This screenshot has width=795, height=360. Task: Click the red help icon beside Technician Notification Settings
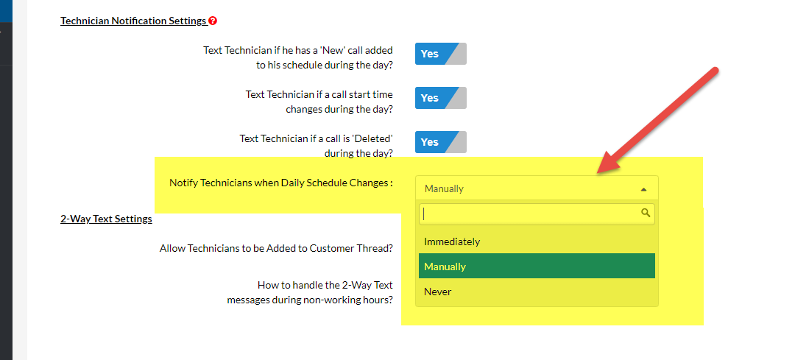pyautogui.click(x=213, y=21)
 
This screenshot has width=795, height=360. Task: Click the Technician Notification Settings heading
pyautogui.click(x=133, y=21)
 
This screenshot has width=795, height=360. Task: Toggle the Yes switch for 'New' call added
pyautogui.click(x=440, y=54)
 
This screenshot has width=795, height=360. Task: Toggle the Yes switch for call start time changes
pyautogui.click(x=440, y=98)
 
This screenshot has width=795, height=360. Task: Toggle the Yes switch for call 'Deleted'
pyautogui.click(x=440, y=142)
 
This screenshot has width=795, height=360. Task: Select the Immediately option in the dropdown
pyautogui.click(x=452, y=241)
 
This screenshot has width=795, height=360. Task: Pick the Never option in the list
pyautogui.click(x=438, y=292)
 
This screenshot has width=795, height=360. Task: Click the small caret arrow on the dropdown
pyautogui.click(x=643, y=189)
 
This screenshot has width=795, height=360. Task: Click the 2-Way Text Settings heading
pyautogui.click(x=106, y=219)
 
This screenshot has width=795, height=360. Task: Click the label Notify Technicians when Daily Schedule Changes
pyautogui.click(x=280, y=183)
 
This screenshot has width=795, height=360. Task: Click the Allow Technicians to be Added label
pyautogui.click(x=276, y=248)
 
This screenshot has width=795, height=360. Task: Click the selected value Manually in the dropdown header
pyautogui.click(x=444, y=188)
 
